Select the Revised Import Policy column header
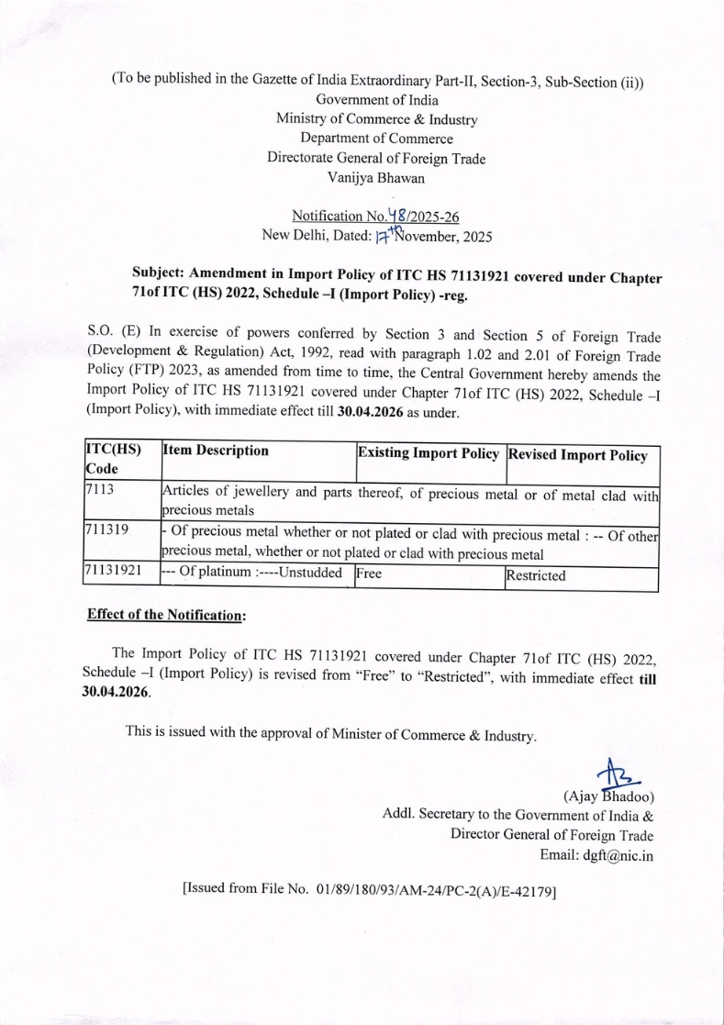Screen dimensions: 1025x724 (579, 454)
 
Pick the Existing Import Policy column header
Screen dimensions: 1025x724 (429, 452)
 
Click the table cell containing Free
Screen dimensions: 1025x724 (369, 575)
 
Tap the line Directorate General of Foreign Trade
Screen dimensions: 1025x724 (376, 159)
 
